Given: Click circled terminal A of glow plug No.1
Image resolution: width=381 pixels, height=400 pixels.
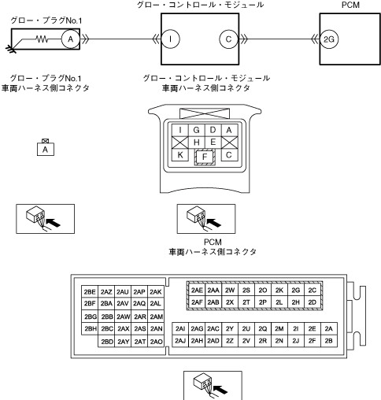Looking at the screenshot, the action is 71,39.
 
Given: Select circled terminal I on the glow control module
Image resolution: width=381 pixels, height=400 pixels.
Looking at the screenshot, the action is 170,39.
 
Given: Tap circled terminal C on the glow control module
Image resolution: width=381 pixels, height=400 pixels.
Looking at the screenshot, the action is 228,39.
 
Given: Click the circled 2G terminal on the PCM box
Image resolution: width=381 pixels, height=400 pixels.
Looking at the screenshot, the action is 329,39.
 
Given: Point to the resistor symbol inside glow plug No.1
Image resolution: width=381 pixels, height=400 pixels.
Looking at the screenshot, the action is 42,39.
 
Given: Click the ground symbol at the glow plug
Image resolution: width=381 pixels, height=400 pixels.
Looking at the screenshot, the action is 11,49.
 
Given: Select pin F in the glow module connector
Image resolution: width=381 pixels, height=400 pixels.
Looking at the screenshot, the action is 205,157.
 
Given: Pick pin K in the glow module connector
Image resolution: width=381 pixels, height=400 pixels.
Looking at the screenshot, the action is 180,155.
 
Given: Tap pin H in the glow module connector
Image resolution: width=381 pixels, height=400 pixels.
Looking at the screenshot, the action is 197,143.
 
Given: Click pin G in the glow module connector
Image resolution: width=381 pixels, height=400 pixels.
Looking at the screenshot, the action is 197,130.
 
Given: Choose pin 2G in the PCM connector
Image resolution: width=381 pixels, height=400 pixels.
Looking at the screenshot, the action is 296,290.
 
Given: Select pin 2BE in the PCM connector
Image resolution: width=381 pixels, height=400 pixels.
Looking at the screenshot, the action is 90,292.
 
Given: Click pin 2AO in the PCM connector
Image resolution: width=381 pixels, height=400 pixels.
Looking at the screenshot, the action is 156,342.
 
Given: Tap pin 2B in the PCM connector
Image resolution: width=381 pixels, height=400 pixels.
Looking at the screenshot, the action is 329,341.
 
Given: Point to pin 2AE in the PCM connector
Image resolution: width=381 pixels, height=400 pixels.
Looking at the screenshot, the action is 197,290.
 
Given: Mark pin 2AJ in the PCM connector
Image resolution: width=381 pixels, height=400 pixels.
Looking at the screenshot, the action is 180,341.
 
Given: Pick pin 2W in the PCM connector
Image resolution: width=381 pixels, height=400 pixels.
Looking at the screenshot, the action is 230,290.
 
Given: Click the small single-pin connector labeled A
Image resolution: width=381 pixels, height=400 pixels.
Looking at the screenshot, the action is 46,148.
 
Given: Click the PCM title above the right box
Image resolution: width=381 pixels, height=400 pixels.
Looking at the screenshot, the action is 350,5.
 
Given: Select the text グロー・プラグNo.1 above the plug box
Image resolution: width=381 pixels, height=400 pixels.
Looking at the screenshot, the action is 46,20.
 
